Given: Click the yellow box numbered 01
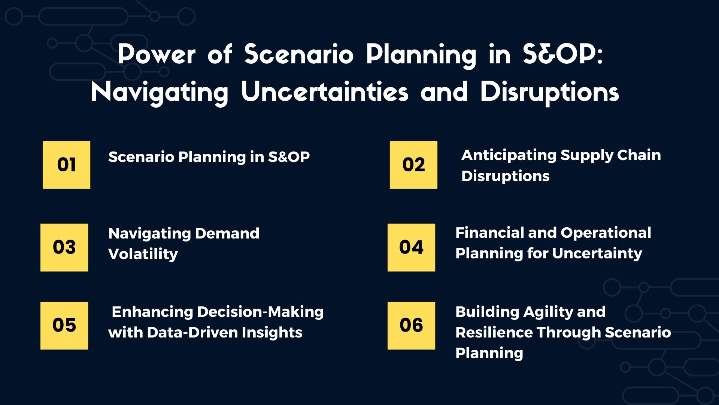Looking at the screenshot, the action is pos(66,165).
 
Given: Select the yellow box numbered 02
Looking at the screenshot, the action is pos(413,165).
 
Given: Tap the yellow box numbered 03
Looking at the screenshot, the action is pos(64,247).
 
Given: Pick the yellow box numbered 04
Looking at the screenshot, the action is pos(411,247).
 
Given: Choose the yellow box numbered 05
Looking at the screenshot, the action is pos(64,325).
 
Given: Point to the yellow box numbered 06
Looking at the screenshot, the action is pos(411,325).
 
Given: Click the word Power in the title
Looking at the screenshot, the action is pos(157,55).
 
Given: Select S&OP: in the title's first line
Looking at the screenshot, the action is pos(562,55).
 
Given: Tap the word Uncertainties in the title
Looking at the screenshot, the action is pos(325,92).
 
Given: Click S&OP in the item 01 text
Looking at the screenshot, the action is pos(289,157).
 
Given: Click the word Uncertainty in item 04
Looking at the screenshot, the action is pos(597,254).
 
